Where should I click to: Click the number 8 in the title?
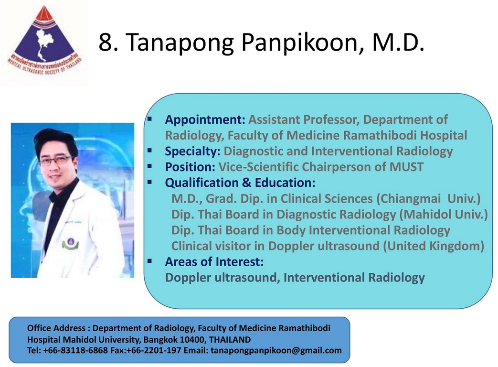106,42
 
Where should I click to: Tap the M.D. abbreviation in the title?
398,42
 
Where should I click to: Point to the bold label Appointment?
205,120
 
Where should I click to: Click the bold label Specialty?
192,151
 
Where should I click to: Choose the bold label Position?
190,167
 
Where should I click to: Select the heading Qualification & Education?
240,183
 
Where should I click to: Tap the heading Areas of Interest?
214,262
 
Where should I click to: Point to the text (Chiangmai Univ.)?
428,199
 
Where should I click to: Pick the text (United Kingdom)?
434,246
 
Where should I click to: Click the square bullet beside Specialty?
149,151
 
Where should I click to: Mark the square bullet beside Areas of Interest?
149,261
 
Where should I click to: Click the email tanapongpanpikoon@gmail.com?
276,350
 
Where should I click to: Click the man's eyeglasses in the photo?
56,161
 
